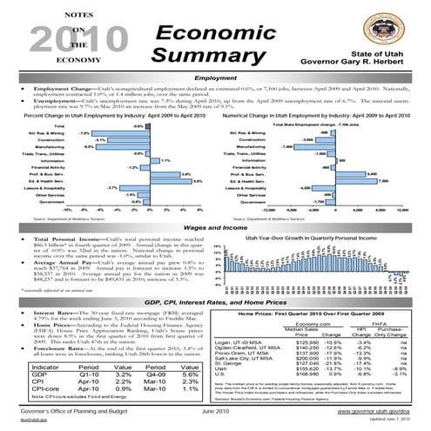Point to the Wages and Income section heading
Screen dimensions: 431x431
214,222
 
